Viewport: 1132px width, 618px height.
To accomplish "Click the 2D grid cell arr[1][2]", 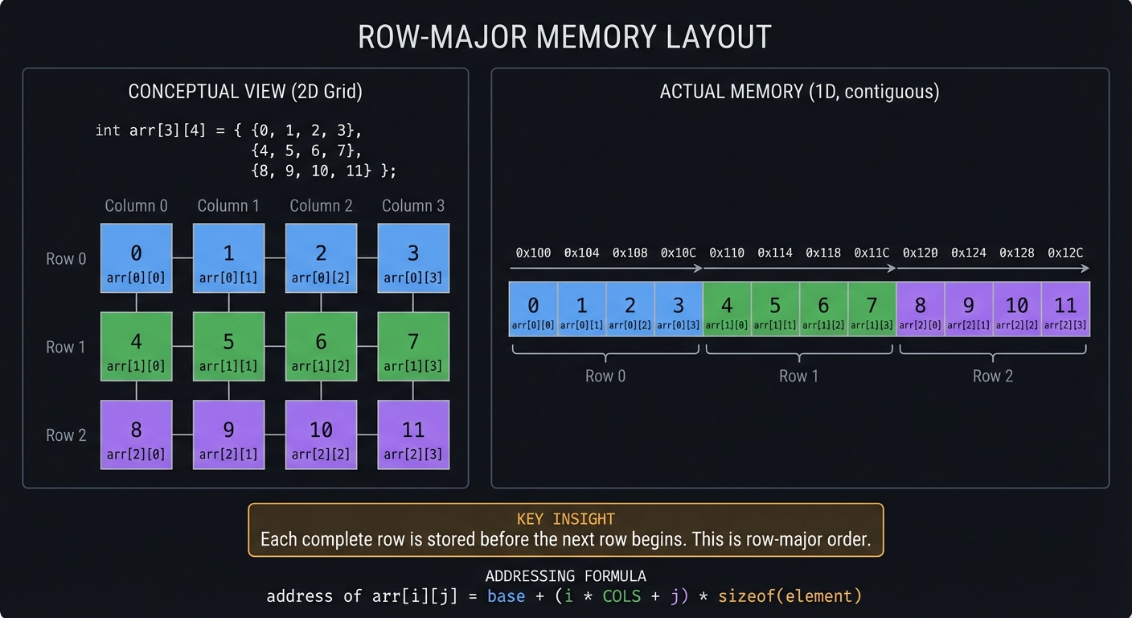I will tap(321, 347).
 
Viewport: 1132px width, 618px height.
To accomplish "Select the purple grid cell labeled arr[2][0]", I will tap(136, 435).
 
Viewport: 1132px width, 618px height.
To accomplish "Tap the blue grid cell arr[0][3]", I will tap(413, 258).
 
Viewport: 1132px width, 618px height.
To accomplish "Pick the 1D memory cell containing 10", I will tap(1017, 309).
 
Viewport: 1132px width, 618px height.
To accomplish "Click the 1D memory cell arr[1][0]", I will tap(727, 309).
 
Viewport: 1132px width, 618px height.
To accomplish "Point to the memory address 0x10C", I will tap(678, 253).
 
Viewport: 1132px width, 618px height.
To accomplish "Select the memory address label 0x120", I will tap(921, 253).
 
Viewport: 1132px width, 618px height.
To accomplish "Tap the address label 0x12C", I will tap(1065, 253).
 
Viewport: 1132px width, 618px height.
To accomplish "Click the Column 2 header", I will tap(321, 206).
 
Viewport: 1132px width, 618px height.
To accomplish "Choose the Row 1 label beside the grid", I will tap(66, 347).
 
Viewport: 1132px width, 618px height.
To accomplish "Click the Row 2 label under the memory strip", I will tap(992, 376).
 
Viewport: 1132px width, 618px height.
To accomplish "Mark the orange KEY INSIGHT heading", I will tap(565, 519).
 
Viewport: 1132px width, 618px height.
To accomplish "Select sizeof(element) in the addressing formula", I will tap(790, 596).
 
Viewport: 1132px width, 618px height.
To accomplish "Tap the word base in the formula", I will tap(506, 596).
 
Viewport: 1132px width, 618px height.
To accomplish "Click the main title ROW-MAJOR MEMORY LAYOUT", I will tap(565, 38).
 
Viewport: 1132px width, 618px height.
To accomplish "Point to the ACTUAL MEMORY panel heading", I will tap(799, 92).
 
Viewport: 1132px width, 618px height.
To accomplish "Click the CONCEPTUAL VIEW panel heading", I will tap(245, 92).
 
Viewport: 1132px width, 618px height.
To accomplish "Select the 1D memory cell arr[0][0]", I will tap(533, 309).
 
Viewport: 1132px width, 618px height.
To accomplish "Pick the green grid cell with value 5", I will tap(228, 347).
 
